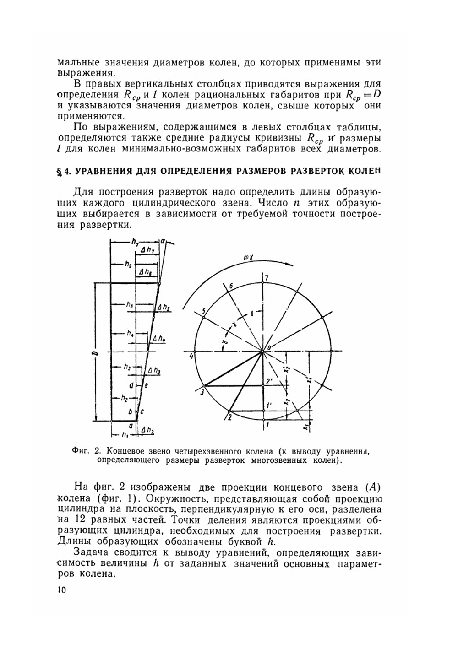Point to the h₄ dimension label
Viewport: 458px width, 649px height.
point(131,334)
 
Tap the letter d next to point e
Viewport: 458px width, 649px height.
point(131,386)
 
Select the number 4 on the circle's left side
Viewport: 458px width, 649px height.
point(192,356)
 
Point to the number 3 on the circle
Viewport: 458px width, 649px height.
point(201,392)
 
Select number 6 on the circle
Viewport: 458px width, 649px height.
point(231,286)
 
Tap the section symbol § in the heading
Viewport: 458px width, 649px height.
point(59,172)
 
